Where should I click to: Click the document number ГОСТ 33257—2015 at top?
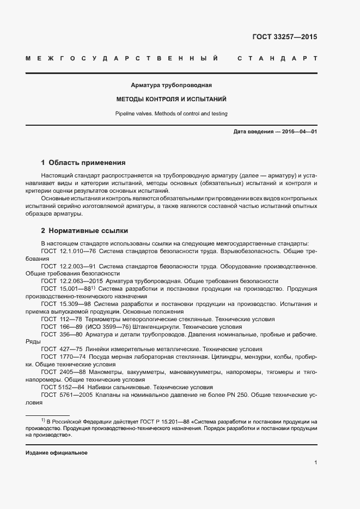pos(284,38)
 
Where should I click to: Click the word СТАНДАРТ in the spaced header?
pos(277,58)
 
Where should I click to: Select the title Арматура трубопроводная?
pos(171,85)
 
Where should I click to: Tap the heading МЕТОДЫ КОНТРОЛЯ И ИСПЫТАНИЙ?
pos(171,100)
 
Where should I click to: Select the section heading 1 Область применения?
pos(83,162)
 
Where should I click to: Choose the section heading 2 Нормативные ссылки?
pos(84,231)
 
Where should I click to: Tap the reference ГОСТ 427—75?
pos(61,349)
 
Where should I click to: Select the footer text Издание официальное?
pos(56,453)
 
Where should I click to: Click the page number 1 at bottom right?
pos(315,462)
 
